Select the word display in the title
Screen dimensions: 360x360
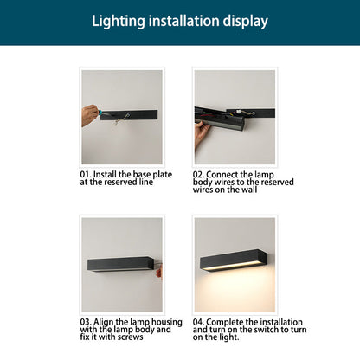(x=246, y=21)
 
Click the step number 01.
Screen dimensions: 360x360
(x=85, y=174)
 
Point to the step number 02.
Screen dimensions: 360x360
(x=198, y=174)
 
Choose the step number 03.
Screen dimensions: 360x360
(x=85, y=321)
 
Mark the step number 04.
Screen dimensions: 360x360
(x=199, y=321)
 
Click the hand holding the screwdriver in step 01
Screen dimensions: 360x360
(x=89, y=114)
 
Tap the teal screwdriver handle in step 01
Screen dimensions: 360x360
(x=105, y=112)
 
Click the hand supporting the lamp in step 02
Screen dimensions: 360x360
(x=202, y=132)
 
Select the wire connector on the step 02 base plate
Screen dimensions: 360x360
(x=241, y=112)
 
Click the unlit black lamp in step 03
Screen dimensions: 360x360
(x=122, y=262)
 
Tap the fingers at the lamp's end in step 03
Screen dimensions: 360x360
(x=158, y=270)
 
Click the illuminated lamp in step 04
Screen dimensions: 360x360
(x=234, y=258)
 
